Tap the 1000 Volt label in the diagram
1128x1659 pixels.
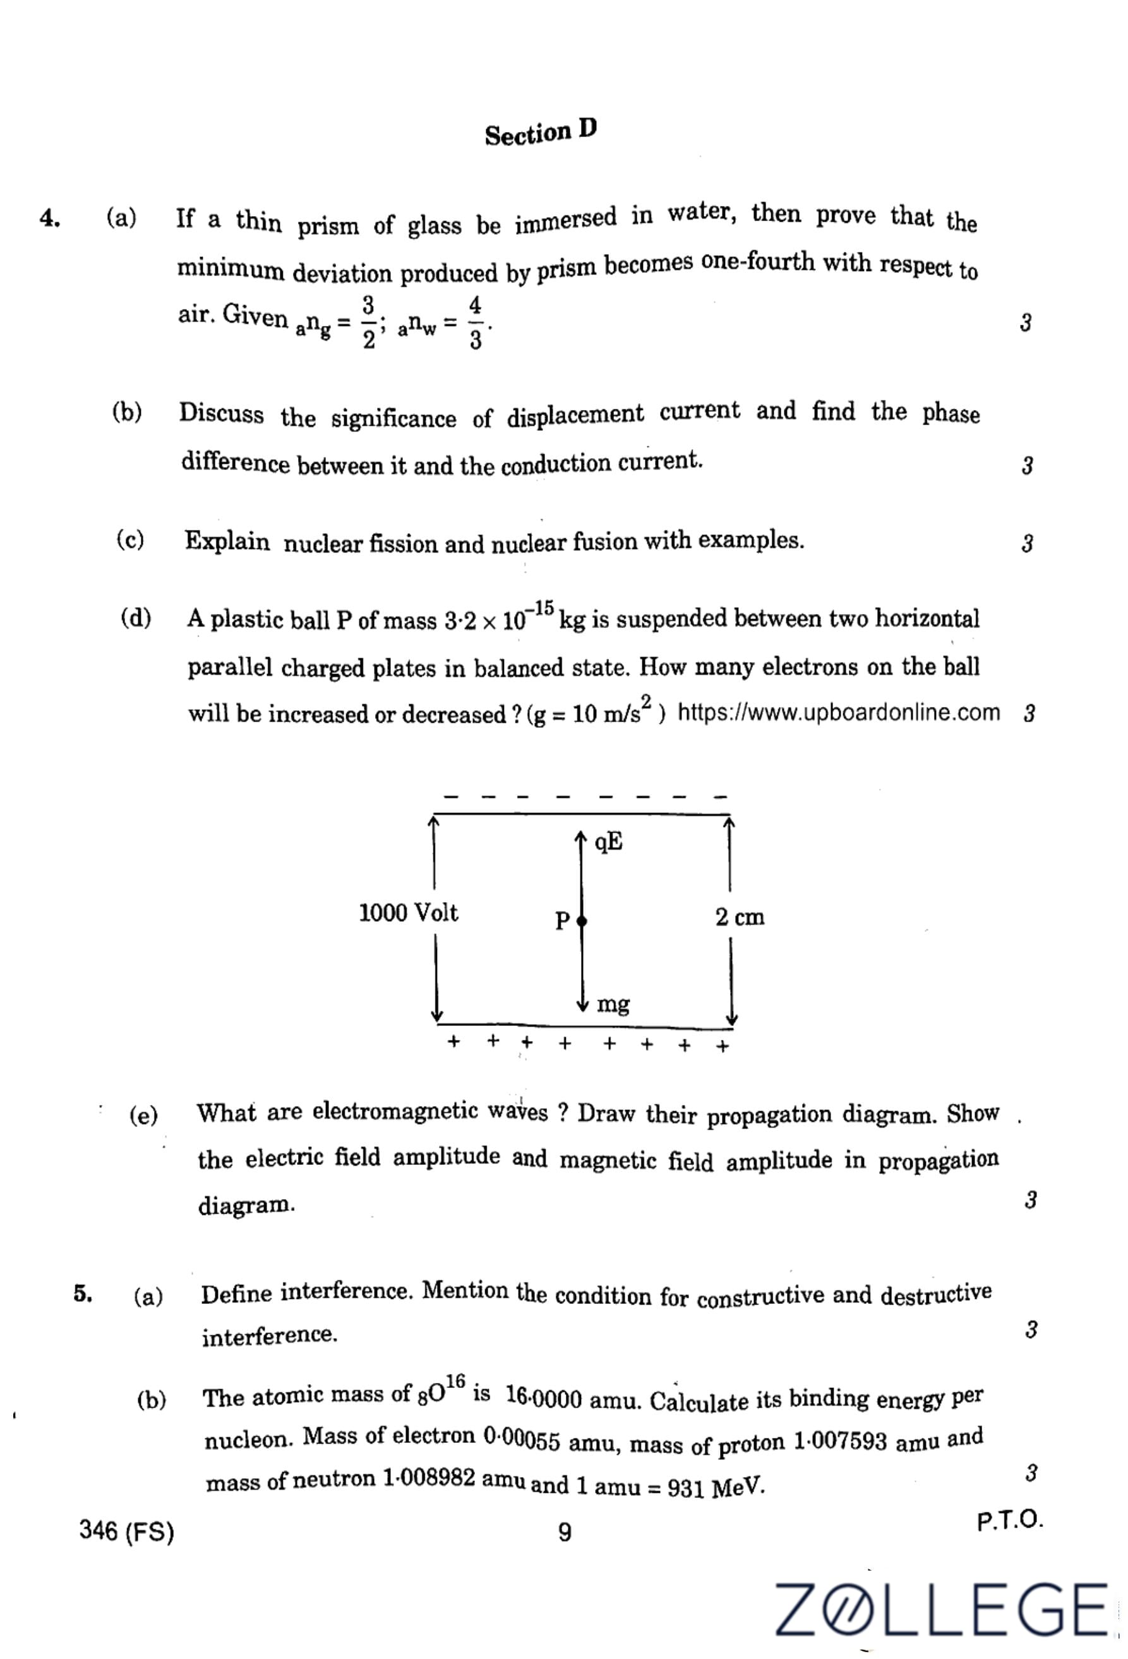408,913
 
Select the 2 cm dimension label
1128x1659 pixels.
739,917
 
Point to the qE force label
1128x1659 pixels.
609,842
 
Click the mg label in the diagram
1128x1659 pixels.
613,1004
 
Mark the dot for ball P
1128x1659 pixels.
582,921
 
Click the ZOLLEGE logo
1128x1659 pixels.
941,1609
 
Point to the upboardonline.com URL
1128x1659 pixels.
838,713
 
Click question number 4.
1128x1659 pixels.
49,218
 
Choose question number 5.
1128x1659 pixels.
83,1293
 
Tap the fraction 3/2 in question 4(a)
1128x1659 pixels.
368,323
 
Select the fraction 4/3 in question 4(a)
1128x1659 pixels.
475,323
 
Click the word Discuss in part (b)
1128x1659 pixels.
221,413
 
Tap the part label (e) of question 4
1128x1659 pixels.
143,1115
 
